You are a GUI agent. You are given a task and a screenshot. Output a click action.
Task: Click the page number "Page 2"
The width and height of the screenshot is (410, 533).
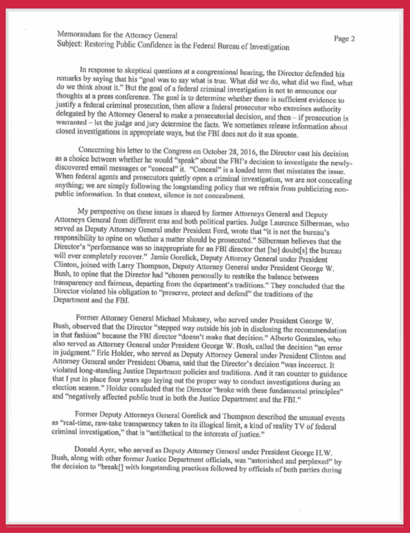point(344,39)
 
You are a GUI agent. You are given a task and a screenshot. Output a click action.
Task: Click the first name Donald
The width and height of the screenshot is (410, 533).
point(84,449)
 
